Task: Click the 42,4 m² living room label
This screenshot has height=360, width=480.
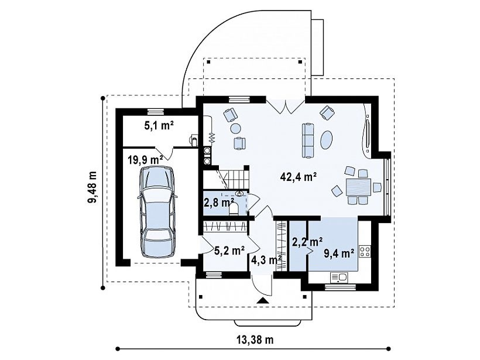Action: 298,177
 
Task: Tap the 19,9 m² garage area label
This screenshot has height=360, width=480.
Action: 145,160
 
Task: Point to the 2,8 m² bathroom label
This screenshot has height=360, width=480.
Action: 219,203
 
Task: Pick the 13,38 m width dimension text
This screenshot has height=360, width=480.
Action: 255,340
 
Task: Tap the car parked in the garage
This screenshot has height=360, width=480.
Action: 156,212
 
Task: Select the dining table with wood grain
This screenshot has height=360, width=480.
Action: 358,187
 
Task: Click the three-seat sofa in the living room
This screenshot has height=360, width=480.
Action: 308,140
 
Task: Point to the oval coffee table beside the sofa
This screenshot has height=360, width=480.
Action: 326,139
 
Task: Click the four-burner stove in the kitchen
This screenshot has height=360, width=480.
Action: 365,251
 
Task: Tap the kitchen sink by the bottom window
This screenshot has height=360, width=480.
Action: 339,277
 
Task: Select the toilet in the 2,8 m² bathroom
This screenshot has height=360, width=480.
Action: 234,210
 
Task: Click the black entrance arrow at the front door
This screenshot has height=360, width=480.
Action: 262,300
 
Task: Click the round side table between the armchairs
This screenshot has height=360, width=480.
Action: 236,128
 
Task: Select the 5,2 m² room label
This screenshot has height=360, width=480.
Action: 229,251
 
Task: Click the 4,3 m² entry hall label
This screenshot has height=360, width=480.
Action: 266,260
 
